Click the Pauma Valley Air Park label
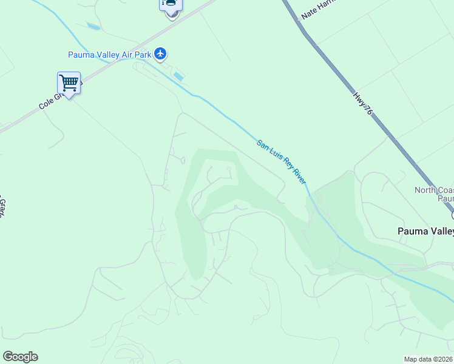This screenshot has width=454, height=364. coord(109,55)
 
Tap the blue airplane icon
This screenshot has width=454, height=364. coord(160,55)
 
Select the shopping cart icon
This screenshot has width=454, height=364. coord(69,83)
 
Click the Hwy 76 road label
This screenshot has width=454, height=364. coord(362,104)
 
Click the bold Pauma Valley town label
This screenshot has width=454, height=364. coord(425,231)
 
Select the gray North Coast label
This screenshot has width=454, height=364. coord(434,190)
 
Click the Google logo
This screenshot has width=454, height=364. coord(20,357)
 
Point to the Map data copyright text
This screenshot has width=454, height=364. coord(429,359)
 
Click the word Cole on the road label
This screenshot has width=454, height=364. coord(47,104)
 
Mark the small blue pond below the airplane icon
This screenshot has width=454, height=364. coord(178,77)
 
